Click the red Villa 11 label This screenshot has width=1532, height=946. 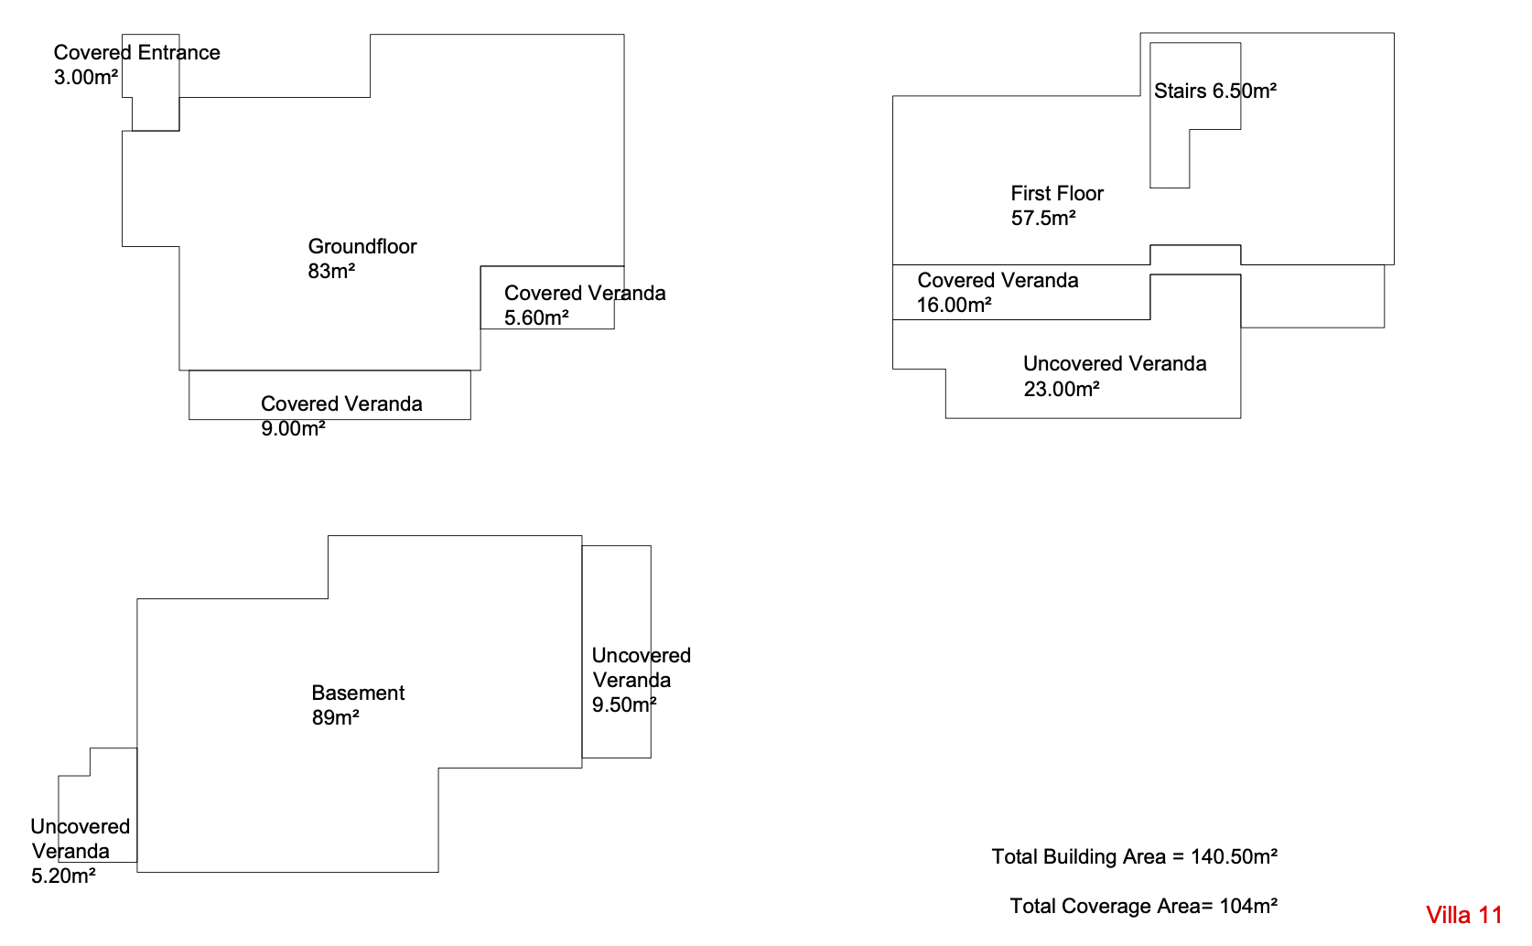coord(1463,915)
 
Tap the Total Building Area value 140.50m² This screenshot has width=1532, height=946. coord(1234,856)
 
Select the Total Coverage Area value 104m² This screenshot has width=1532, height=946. coord(1248,906)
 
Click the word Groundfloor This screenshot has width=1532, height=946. coord(361,246)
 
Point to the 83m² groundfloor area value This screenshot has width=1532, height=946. coord(331,271)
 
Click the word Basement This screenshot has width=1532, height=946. coord(358,693)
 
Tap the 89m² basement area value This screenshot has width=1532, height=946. coord(335,717)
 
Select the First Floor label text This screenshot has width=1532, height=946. coord(1057,193)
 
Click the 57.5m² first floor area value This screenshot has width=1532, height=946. coord(1043,218)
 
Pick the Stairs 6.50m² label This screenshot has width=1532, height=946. coord(1214,91)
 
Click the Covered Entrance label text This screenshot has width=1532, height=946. coord(136,53)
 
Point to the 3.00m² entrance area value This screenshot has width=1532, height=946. coord(85,77)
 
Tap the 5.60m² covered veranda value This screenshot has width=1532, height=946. coord(536,317)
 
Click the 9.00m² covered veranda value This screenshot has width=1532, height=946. coord(293,428)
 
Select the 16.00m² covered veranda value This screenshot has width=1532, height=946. coord(955,305)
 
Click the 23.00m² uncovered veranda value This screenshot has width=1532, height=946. coord(1061,389)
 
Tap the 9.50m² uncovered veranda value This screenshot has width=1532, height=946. coord(624,704)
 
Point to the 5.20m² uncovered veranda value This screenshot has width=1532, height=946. coord(63,876)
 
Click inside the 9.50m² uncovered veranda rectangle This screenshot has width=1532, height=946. coord(616,601)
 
